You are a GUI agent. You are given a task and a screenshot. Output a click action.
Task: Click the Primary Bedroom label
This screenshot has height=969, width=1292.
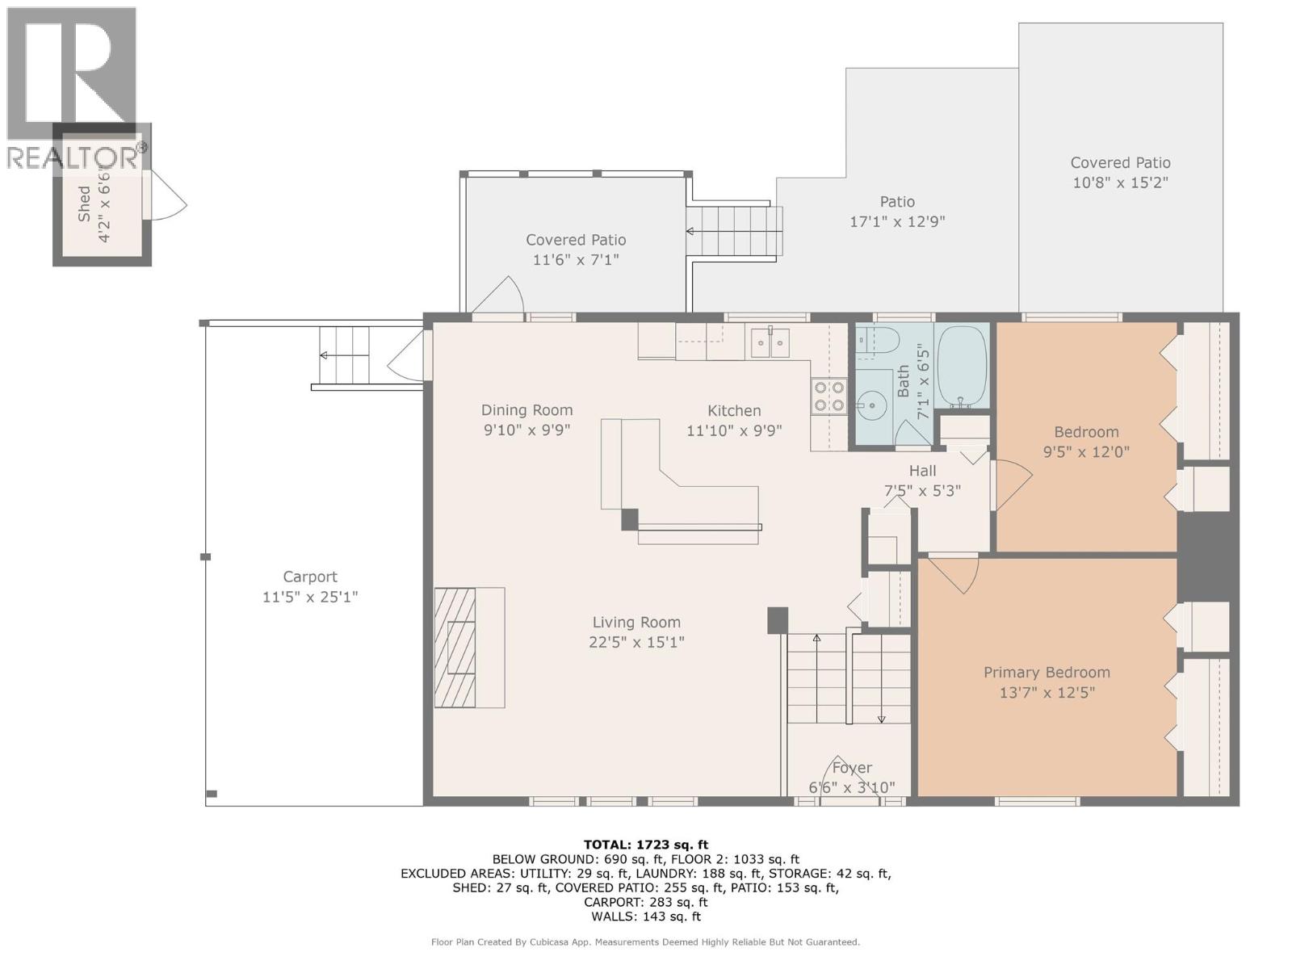pyautogui.click(x=1047, y=673)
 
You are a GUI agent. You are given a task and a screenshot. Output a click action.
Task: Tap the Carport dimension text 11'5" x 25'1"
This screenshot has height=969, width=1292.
pyautogui.click(x=310, y=598)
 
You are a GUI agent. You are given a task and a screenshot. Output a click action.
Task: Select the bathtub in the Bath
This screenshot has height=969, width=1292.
pyautogui.click(x=962, y=367)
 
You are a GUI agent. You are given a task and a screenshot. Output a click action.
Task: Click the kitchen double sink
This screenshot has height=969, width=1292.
pyautogui.click(x=769, y=343)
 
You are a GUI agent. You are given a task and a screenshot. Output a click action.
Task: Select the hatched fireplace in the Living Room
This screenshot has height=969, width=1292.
pyautogui.click(x=455, y=648)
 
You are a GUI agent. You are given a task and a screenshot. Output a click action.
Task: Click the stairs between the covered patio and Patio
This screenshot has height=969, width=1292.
pyautogui.click(x=734, y=232)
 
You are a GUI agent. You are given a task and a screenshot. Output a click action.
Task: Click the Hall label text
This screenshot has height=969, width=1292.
pyautogui.click(x=922, y=471)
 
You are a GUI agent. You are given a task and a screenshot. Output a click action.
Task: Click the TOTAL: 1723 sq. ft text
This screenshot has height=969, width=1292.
pyautogui.click(x=646, y=845)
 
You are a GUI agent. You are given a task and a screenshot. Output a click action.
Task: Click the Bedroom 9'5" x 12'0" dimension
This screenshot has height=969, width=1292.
pyautogui.click(x=1086, y=452)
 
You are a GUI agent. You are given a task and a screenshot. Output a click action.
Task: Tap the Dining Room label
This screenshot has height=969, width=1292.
pyautogui.click(x=526, y=410)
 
